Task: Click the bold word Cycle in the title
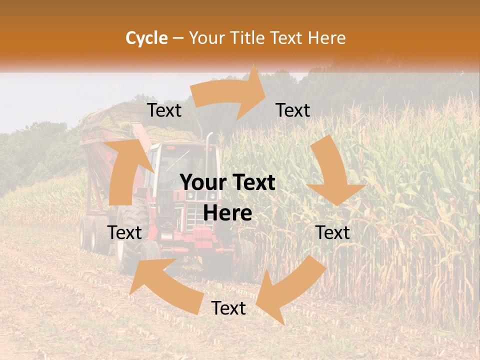tap(146, 38)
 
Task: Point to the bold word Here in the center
tap(227, 213)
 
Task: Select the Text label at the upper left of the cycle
tap(164, 110)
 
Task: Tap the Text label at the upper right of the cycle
tap(293, 110)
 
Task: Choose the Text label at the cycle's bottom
tap(228, 308)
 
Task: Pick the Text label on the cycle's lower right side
tap(333, 233)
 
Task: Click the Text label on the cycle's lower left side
tap(125, 233)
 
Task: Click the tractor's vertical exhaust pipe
tap(210, 150)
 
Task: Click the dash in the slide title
tap(177, 38)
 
